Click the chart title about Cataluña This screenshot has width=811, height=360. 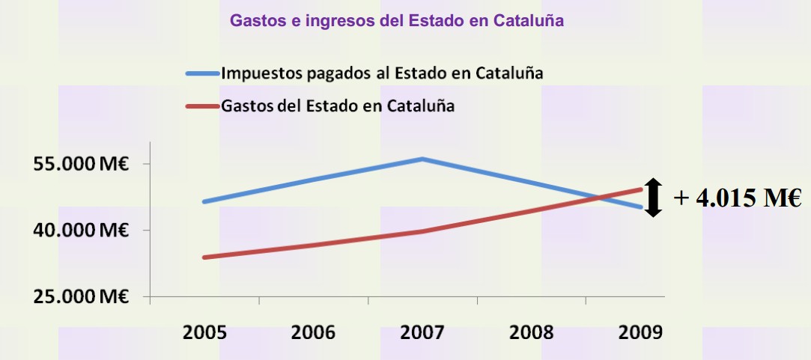pyautogui.click(x=396, y=20)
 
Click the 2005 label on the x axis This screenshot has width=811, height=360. pyautogui.click(x=204, y=332)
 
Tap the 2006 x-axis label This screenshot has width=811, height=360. pyautogui.click(x=313, y=332)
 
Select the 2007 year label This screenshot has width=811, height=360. pyautogui.click(x=422, y=332)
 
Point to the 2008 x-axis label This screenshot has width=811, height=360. pyautogui.click(x=532, y=332)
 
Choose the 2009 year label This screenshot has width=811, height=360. pyautogui.click(x=640, y=332)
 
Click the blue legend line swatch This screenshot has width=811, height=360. pyautogui.click(x=202, y=73)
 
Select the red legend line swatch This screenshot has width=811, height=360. pyautogui.click(x=202, y=106)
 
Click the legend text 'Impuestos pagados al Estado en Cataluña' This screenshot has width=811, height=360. pyautogui.click(x=382, y=73)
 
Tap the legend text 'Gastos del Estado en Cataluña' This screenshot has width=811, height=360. pyautogui.click(x=338, y=106)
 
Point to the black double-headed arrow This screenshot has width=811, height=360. pyautogui.click(x=654, y=198)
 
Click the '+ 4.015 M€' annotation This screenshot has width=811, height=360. pyautogui.click(x=738, y=198)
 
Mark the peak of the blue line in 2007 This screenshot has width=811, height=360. pyautogui.click(x=422, y=159)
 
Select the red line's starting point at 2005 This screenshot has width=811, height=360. pyautogui.click(x=204, y=257)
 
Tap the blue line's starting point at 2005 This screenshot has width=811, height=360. pyautogui.click(x=204, y=201)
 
